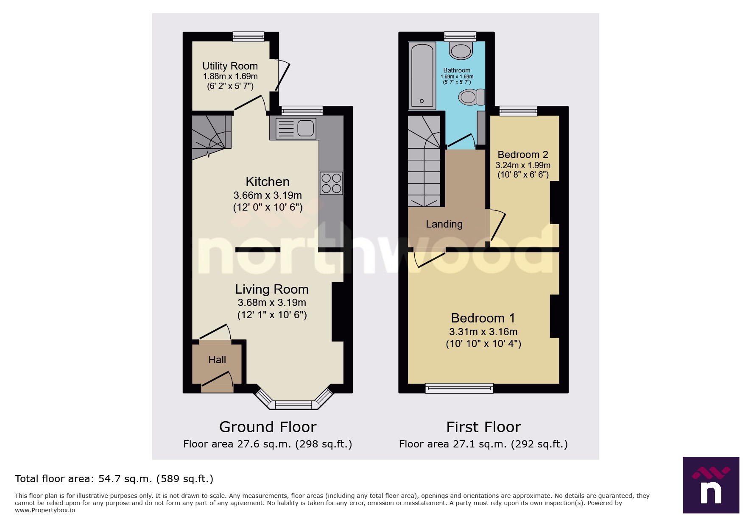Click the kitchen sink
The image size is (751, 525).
tap(296, 128)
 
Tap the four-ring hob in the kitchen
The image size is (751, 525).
tap(331, 183)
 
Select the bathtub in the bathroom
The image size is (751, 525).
tap(422, 76)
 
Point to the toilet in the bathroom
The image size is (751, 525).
tap(471, 97)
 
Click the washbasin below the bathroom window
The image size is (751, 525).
tap(461, 51)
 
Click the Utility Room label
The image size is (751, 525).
tap(230, 66)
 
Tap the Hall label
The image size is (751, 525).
tap(217, 360)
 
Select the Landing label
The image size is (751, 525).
tap(444, 224)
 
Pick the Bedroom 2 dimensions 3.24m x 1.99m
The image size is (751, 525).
tap(523, 165)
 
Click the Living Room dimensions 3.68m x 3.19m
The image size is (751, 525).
tap(272, 303)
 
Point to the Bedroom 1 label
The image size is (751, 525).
tap(483, 318)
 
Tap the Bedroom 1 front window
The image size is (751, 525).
tap(459, 388)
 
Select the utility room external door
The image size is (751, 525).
tap(283, 76)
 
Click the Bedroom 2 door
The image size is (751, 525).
tap(499, 226)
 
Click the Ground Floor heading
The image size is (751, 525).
tap(268, 427)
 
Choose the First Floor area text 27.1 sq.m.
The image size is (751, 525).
tap(483, 444)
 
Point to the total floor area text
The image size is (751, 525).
tap(114, 479)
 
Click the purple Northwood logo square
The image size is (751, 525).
tap(711, 485)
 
